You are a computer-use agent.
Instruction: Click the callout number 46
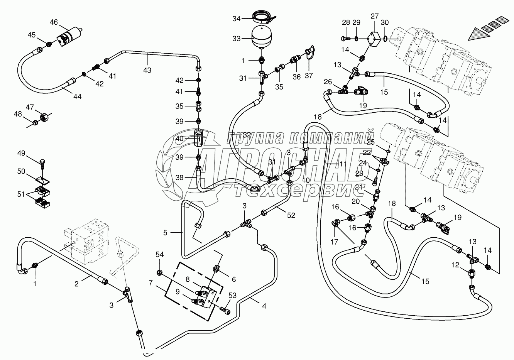coord(54,22)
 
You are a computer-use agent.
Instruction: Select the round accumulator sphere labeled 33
coord(262,37)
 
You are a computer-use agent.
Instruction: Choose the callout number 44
coord(77,97)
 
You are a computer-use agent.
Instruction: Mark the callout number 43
coord(147,70)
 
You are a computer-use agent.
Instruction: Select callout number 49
coord(21,154)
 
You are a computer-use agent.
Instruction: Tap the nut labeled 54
coord(160,273)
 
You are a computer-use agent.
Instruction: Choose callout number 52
coord(291,215)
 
